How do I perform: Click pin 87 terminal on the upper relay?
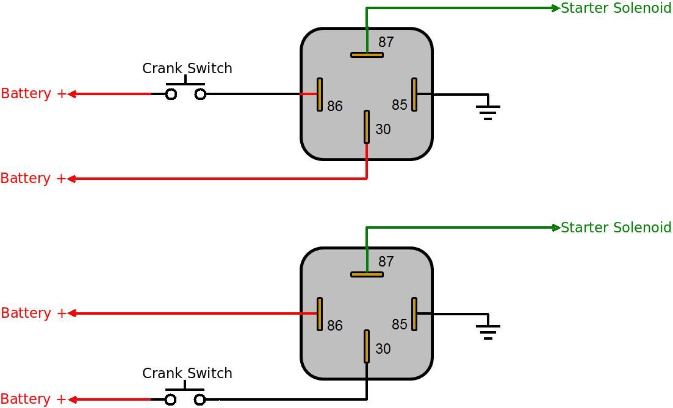click(x=367, y=55)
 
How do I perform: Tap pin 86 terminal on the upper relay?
click(x=319, y=95)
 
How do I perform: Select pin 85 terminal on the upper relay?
click(x=414, y=95)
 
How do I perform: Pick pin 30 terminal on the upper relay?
click(x=367, y=127)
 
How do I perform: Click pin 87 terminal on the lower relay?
click(x=367, y=274)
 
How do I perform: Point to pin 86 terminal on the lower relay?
click(x=319, y=314)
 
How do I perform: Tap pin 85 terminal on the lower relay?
click(x=414, y=314)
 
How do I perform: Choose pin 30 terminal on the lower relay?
click(x=367, y=346)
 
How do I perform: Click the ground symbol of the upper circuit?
click(x=488, y=111)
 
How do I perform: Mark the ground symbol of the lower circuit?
click(x=488, y=331)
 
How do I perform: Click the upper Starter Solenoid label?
click(x=616, y=8)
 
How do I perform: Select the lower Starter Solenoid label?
click(x=616, y=227)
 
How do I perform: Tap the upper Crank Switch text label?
click(x=187, y=68)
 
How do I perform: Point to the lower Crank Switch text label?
click(x=187, y=373)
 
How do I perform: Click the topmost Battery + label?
click(x=34, y=93)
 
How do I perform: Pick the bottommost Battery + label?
click(x=34, y=399)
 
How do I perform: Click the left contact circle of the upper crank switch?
click(x=171, y=95)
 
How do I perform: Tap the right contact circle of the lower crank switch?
click(x=200, y=400)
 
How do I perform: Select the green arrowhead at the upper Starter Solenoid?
click(x=556, y=8)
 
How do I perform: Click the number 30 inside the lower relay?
click(x=383, y=349)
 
